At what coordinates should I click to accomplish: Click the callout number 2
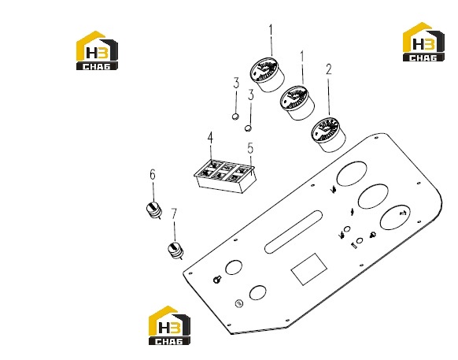[329, 69]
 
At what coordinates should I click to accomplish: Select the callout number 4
[210, 138]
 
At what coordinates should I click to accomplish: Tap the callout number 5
[250, 148]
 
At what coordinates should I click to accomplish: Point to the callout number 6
[153, 175]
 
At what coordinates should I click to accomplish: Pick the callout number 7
[174, 213]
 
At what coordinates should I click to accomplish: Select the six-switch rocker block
[225, 176]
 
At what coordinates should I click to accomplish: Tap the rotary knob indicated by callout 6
[153, 210]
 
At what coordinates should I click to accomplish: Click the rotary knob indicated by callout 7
[175, 251]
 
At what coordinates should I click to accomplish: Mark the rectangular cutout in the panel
[308, 269]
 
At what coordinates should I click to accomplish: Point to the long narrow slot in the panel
[294, 232]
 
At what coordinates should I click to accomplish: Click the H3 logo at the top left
[97, 50]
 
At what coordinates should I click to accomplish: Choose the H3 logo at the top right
[424, 42]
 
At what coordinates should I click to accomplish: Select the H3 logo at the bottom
[169, 325]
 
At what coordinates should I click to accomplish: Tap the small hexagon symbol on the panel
[239, 303]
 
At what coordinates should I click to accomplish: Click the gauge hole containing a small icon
[396, 217]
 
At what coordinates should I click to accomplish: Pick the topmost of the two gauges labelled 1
[268, 75]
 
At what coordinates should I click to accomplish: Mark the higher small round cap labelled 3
[235, 117]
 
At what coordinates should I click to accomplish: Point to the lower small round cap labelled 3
[248, 128]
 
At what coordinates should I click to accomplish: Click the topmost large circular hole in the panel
[352, 174]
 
